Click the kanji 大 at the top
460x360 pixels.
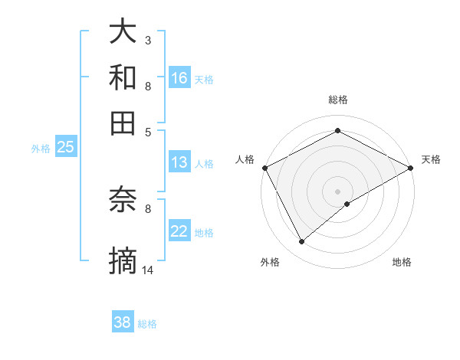tap(123, 32)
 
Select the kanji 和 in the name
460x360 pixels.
tap(123, 77)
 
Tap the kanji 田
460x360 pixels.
tap(123, 123)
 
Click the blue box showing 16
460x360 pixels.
tap(179, 77)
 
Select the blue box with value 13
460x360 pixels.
tap(179, 162)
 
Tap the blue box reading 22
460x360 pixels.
tap(179, 231)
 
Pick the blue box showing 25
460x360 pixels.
tap(65, 147)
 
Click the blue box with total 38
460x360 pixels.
tap(123, 322)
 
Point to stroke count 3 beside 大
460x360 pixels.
tap(148, 39)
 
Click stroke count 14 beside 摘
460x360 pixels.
tap(148, 270)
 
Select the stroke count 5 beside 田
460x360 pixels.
tap(148, 131)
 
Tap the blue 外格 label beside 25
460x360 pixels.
tap(41, 148)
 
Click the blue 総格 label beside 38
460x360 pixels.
tap(147, 324)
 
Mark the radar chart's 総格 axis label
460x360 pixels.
tap(338, 100)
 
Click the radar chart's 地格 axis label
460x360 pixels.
tap(402, 263)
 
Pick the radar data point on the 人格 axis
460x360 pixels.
tap(264, 167)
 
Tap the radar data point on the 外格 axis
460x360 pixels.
tap(301, 242)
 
